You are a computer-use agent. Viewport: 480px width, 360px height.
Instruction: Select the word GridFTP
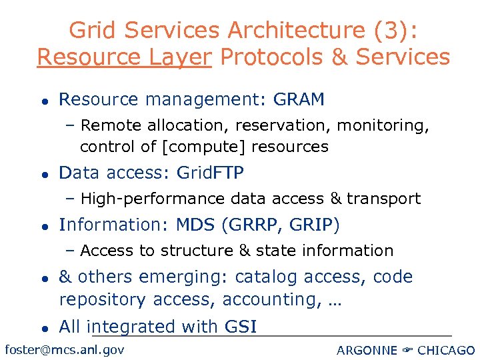point(210,173)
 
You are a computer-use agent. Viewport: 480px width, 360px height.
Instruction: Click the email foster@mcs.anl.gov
point(64,349)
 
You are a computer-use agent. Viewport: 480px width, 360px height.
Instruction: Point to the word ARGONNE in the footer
point(366,350)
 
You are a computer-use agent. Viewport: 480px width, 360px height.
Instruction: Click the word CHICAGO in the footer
point(446,350)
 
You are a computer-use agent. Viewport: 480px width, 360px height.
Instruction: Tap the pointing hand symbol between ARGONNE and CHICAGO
point(406,350)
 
